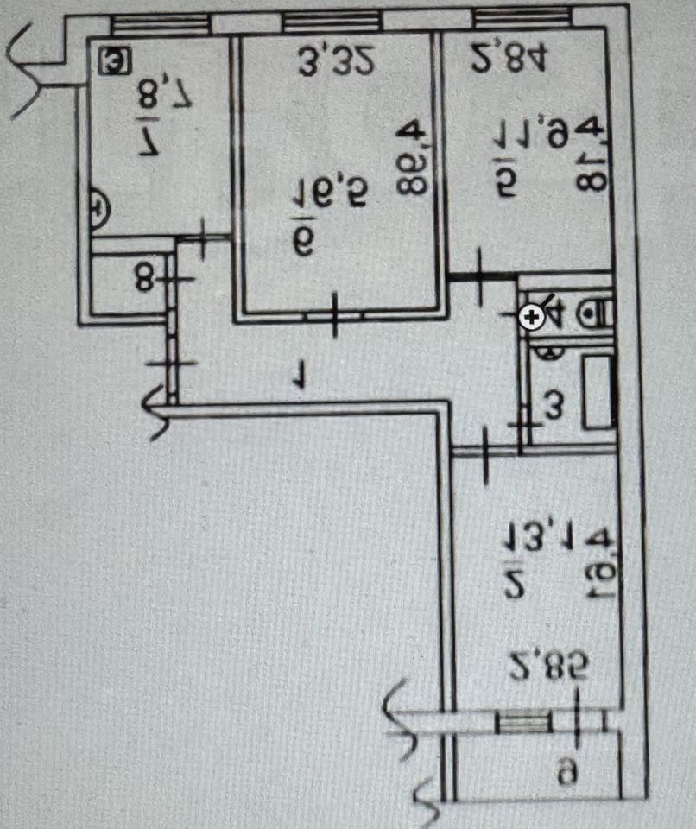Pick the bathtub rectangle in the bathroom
[598, 392]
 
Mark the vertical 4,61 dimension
[597, 562]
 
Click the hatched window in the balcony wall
[524, 720]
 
